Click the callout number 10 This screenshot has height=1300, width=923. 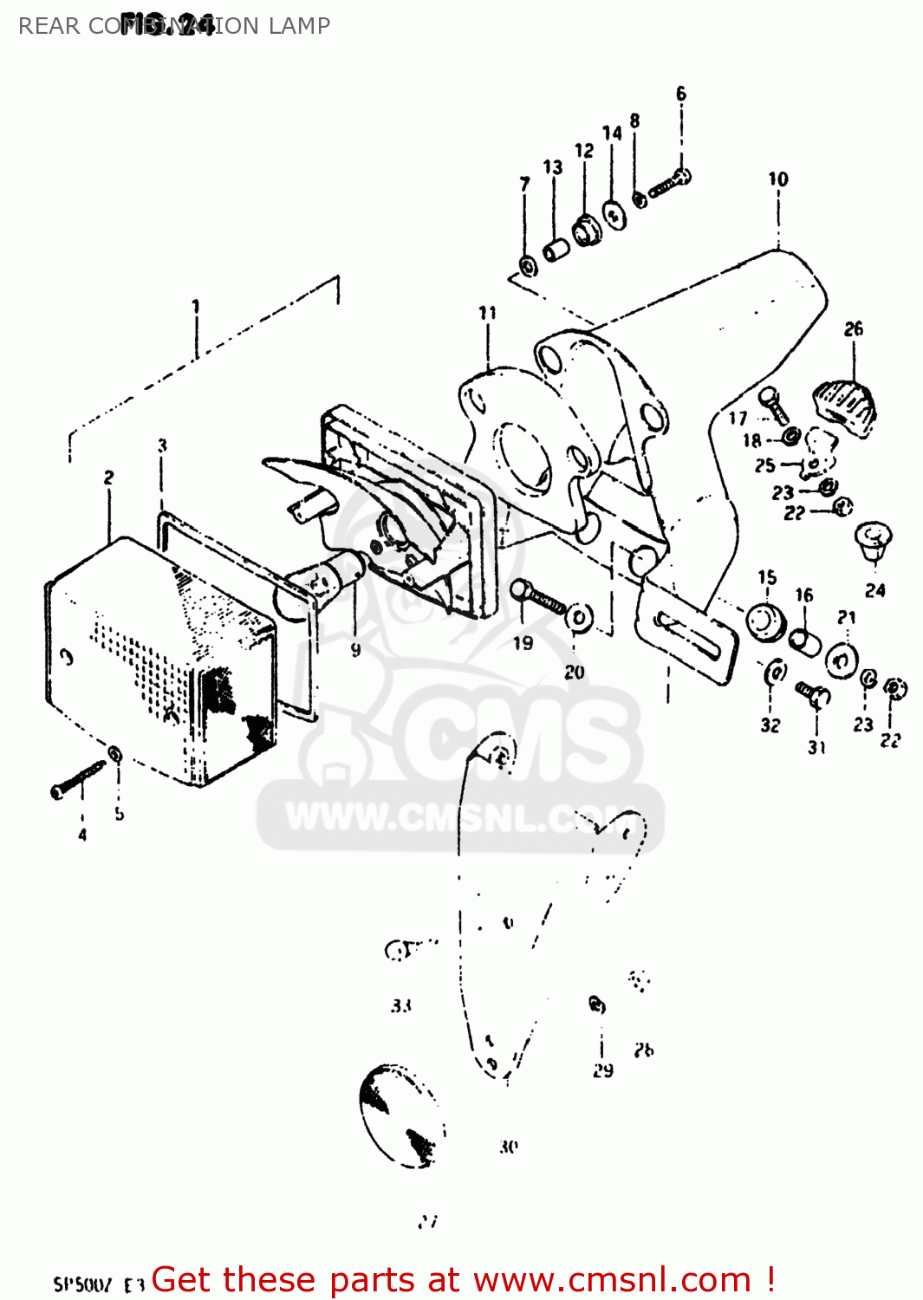tap(778, 179)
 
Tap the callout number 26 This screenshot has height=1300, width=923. tap(854, 328)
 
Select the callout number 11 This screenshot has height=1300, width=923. tap(488, 313)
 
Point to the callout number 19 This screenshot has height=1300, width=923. tap(523, 643)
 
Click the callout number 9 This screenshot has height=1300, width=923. tap(356, 649)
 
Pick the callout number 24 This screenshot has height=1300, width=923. tap(875, 590)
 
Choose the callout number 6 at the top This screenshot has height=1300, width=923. tap(681, 93)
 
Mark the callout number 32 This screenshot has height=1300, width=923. tap(770, 725)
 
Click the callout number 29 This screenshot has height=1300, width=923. tap(603, 1070)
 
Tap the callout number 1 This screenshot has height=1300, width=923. tap(196, 306)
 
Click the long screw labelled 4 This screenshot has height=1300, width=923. tap(78, 779)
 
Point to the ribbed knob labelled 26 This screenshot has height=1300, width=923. tap(845, 402)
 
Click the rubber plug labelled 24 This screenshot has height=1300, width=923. tap(874, 539)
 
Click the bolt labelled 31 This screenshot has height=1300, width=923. tap(813, 693)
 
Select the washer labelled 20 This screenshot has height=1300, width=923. tap(579, 617)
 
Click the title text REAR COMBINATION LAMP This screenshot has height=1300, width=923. tap(173, 26)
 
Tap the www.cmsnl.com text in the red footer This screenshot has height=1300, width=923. tap(612, 1280)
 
